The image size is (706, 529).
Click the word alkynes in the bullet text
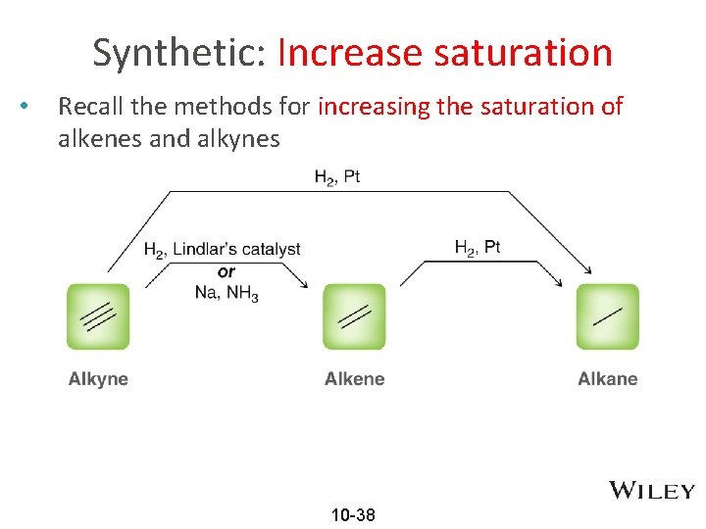[x=235, y=138]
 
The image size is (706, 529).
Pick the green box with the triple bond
[x=98, y=316]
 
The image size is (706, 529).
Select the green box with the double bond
[x=354, y=316]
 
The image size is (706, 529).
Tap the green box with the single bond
[x=608, y=316]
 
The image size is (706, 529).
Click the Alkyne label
[x=98, y=379]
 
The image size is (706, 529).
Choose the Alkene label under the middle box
[x=354, y=379]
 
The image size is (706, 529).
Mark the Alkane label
[x=608, y=379]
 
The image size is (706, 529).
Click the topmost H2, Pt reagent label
[x=336, y=177]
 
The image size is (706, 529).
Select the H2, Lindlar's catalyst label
[x=223, y=251]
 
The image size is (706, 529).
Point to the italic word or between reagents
[x=227, y=271]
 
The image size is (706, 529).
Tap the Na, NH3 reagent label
[x=227, y=292]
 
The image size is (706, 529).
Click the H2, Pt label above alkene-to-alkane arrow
[x=478, y=248]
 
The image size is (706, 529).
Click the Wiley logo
[x=652, y=491]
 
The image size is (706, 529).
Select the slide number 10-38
[x=353, y=515]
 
